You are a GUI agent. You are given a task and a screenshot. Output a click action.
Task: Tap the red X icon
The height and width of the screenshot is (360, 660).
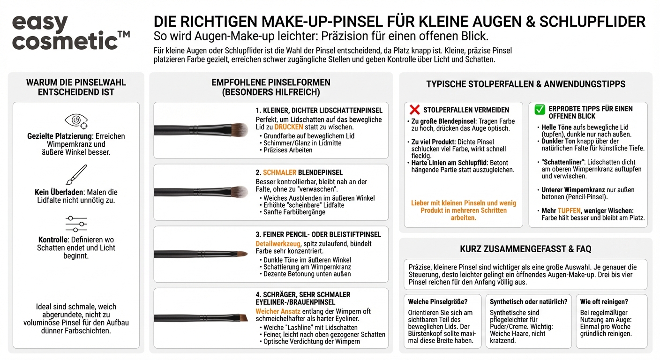414,110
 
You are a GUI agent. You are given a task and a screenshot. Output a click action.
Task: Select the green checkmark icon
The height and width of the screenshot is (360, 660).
540,110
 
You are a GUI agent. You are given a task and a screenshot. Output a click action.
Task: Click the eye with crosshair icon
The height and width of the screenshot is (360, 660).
76,121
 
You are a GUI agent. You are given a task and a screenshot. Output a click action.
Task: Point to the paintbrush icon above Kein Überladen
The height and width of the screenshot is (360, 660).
76,175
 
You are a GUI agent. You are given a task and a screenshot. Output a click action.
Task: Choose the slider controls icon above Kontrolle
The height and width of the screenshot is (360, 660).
76,224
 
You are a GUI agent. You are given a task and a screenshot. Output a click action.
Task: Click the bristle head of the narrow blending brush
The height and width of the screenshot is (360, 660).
239,191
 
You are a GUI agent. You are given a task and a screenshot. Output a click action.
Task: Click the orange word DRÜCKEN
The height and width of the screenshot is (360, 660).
289,127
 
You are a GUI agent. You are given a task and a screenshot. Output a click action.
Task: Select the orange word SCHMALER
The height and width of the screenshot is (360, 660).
279,172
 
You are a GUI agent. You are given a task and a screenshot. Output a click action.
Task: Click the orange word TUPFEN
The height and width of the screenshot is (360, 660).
569,211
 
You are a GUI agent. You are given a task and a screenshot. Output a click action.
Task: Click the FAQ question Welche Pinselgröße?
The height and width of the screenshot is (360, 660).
437,302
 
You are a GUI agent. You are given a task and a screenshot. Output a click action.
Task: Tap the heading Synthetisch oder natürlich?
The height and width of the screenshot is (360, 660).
528,302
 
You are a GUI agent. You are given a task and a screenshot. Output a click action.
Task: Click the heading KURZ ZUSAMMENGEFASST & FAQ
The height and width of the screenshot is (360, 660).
525,249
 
